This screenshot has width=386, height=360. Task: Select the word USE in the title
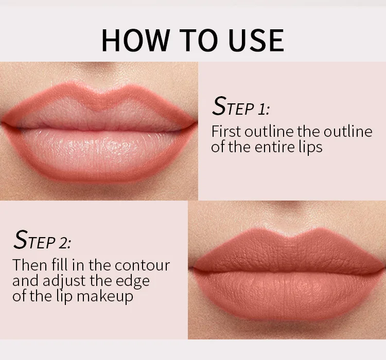tap(256, 40)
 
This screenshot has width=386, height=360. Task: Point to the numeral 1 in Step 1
tap(262, 109)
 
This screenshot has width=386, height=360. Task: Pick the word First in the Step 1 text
tap(226, 132)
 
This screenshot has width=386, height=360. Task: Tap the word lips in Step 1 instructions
tap(310, 147)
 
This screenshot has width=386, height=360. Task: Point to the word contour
tap(142, 265)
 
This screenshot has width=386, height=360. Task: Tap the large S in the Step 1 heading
tap(219, 106)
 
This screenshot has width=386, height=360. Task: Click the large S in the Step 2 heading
tap(21, 240)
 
